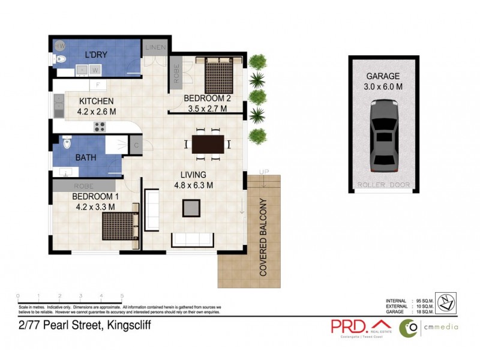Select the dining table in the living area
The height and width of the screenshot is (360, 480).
point(208,144)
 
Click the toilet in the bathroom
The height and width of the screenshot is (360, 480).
point(67,143)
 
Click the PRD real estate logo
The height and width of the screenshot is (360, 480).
point(359,326)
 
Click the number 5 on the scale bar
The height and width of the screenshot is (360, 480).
point(122,296)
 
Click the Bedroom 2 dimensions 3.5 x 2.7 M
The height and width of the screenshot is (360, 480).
point(205,109)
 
